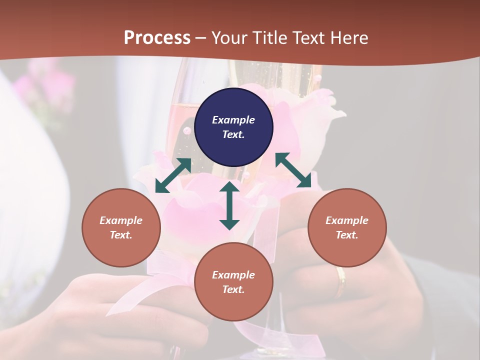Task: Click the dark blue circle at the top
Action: (233, 127)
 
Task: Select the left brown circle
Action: (121, 227)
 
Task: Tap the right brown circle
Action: (347, 227)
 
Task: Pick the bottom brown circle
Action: (233, 282)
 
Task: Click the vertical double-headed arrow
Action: (229, 205)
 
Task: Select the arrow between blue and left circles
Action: (173, 175)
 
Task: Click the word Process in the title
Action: (157, 37)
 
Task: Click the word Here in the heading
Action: (350, 37)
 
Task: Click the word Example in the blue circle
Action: (233, 120)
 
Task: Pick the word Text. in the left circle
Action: (121, 235)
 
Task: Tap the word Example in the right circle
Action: (347, 220)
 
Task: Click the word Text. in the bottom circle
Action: (233, 289)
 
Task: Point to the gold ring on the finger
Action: (340, 281)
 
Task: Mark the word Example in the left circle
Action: (121, 220)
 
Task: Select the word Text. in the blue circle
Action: (233, 134)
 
